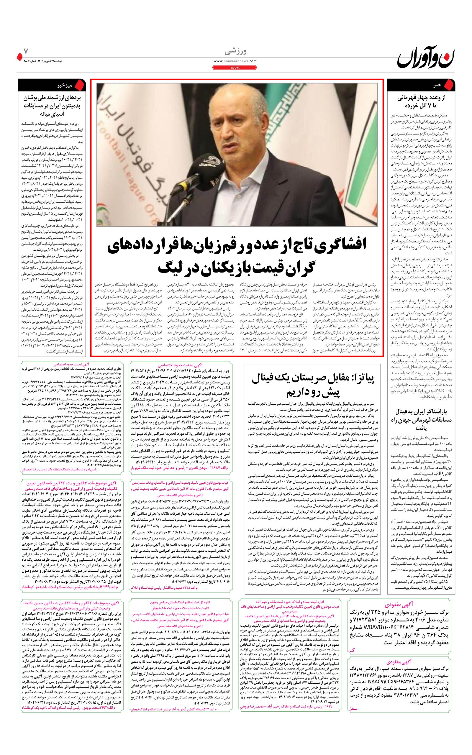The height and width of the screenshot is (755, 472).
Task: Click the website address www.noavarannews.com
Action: [235, 61]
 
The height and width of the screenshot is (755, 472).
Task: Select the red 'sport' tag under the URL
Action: [235, 67]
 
